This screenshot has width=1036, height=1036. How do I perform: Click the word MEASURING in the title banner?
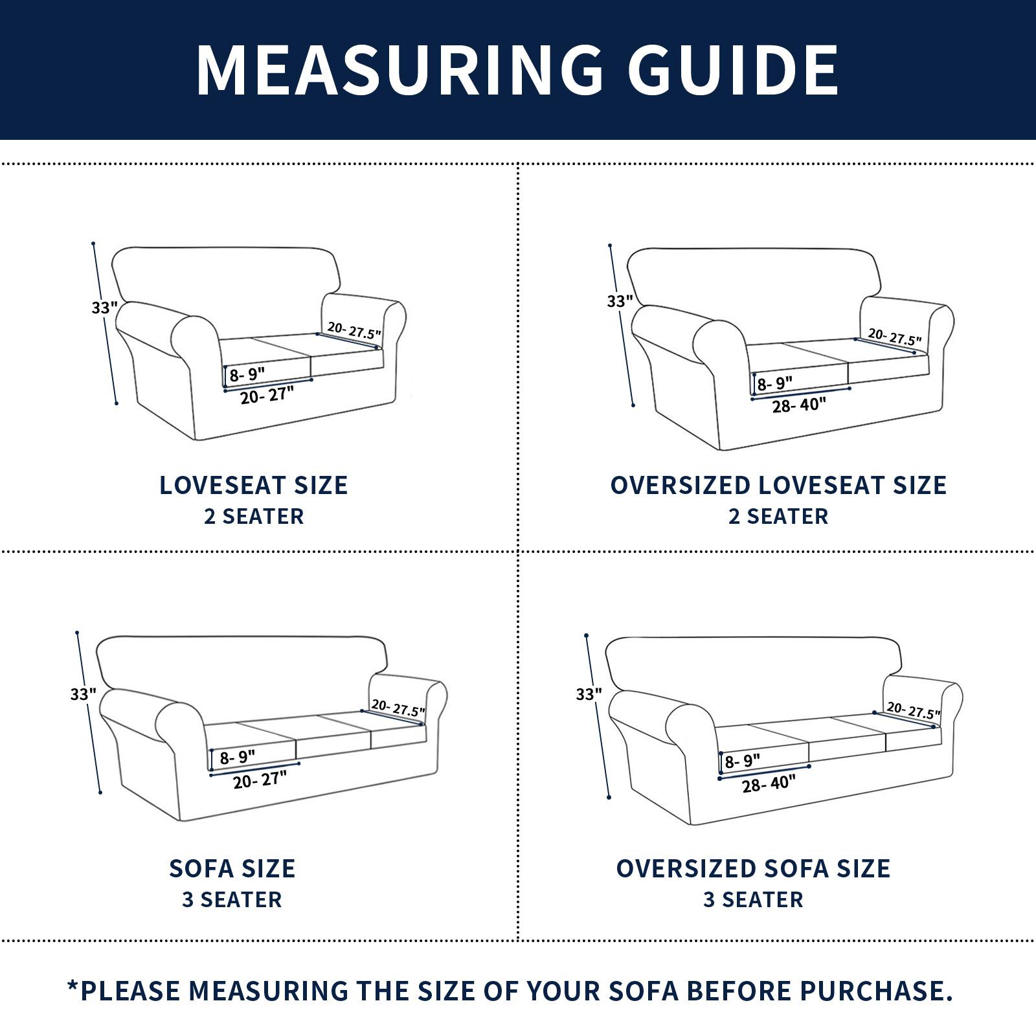click(400, 70)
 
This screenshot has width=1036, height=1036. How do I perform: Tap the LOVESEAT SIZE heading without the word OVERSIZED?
click(254, 485)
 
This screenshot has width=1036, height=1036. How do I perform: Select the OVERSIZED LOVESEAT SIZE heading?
click(778, 485)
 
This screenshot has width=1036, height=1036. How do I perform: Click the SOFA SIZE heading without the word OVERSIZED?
click(232, 868)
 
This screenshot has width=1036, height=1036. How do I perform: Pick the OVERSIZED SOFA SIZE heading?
click(753, 868)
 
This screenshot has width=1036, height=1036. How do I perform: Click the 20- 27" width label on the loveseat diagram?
click(267, 394)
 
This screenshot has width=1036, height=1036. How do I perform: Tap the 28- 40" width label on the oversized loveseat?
click(800, 405)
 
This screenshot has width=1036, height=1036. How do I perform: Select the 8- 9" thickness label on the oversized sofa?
click(742, 761)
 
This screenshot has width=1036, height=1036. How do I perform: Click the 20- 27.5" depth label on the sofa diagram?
click(398, 708)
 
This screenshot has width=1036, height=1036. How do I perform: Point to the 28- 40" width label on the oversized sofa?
click(769, 783)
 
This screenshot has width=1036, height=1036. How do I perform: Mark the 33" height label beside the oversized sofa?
click(589, 694)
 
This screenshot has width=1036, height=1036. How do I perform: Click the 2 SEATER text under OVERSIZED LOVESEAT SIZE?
click(778, 517)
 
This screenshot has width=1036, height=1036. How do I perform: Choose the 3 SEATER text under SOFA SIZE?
click(232, 900)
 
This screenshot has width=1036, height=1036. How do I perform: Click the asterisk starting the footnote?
click(73, 985)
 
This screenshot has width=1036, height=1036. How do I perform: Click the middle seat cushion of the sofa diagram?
click(333, 738)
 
